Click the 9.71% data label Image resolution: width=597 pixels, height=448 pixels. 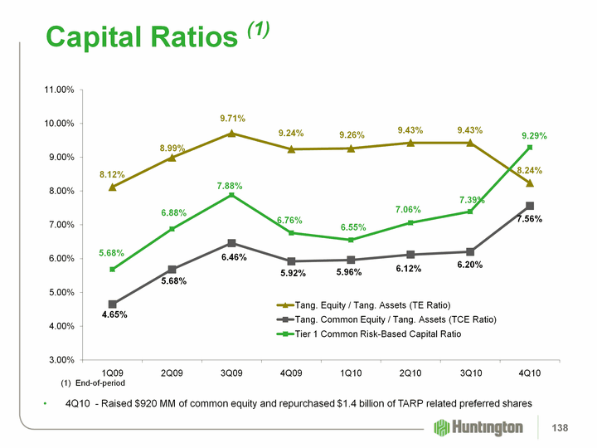coord(232,119)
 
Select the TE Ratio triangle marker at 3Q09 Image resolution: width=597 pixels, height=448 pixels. coord(232,133)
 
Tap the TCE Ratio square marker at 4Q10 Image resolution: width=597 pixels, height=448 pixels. coord(530,206)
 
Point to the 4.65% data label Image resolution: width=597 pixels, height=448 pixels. coord(113,316)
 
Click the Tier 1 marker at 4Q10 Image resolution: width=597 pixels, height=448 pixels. coord(530,148)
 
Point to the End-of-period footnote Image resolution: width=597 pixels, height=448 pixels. coord(93,383)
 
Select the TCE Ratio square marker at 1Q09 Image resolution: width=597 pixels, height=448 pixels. coord(113,304)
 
